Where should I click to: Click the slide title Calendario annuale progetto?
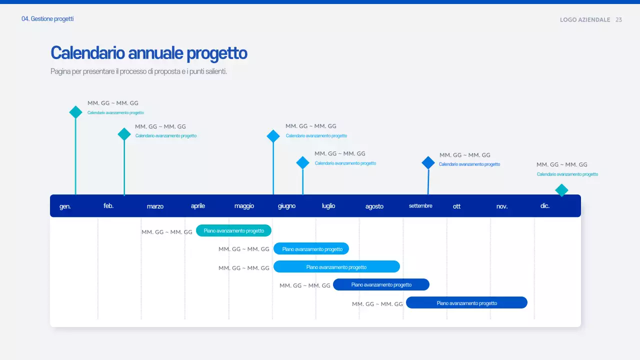pos(148,53)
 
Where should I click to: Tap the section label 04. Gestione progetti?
pos(47,19)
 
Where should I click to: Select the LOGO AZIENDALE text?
pos(585,20)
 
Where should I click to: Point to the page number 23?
pos(618,20)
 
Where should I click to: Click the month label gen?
pos(65,206)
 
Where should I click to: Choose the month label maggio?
pos(244,206)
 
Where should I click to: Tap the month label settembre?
pos(420,206)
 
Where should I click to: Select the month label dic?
pos(545,206)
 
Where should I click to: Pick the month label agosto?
pos(374,206)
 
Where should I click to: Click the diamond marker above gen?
pos(75,112)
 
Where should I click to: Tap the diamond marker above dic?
pos(562,190)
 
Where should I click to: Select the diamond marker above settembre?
pos(428,162)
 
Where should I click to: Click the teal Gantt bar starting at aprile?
pos(233,230)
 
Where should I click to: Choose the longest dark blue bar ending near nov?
pos(466,302)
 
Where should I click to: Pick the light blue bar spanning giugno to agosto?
pos(336,266)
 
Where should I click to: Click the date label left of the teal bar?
pos(167,232)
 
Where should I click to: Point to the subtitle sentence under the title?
pos(138,71)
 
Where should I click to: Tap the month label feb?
pos(108,206)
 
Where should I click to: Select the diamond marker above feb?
pos(124,134)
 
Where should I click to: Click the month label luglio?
pos(328,206)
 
